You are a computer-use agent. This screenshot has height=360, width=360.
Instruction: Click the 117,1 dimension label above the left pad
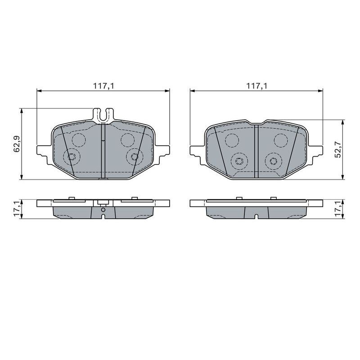pyautogui.click(x=103, y=85)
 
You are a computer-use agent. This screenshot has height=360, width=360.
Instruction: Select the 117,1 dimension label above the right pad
pyautogui.click(x=257, y=85)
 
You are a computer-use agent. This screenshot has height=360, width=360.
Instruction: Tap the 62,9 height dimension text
pyautogui.click(x=17, y=144)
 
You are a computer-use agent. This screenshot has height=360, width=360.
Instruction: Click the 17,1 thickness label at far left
pyautogui.click(x=17, y=208)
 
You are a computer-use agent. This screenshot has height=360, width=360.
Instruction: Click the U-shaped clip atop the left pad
pyautogui.click(x=103, y=115)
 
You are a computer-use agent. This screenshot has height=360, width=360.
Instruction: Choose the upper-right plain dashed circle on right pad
pyautogui.click(x=281, y=140)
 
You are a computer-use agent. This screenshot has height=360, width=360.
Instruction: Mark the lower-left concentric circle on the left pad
pyautogui.click(x=71, y=157)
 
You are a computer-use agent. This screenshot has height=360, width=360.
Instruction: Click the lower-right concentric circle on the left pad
pyautogui.click(x=134, y=157)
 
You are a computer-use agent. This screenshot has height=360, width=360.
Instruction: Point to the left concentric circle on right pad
pyautogui.click(x=239, y=161)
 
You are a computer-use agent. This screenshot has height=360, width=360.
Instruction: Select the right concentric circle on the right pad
pyautogui.click(x=273, y=161)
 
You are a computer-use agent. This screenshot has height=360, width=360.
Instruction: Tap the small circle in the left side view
pyautogui.click(x=103, y=210)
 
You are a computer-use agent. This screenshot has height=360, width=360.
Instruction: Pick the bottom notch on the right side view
pyautogui.click(x=256, y=217)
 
